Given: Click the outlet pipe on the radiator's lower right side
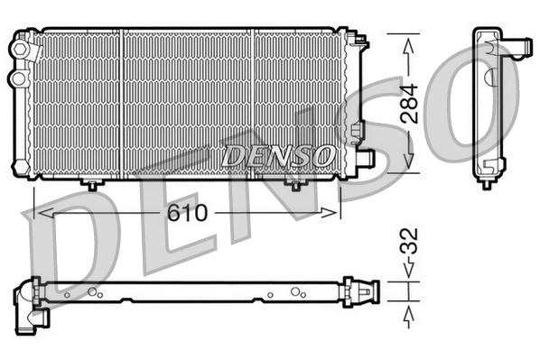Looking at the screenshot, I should [x=364, y=158].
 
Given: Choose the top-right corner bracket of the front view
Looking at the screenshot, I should [x=359, y=41].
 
